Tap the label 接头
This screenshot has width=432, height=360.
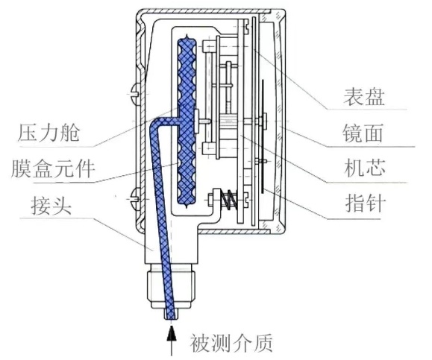[46, 203]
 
